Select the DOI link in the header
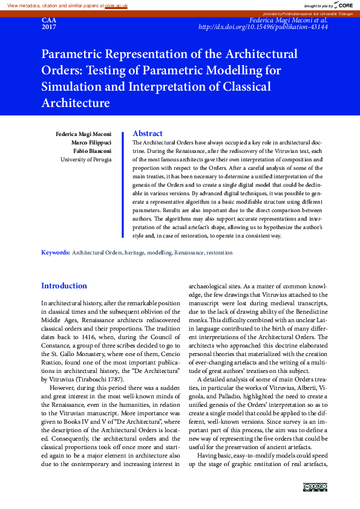(263, 28)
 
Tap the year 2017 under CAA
(48, 28)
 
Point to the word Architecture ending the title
(76, 103)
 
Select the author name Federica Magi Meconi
(83, 133)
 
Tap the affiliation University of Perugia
(85, 160)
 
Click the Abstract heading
(147, 134)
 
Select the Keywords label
(56, 253)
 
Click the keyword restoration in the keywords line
(219, 253)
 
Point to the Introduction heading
(64, 285)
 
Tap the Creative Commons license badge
(315, 487)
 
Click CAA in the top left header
(48, 20)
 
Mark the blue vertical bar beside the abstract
(124, 185)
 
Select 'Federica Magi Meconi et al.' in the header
(289, 20)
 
